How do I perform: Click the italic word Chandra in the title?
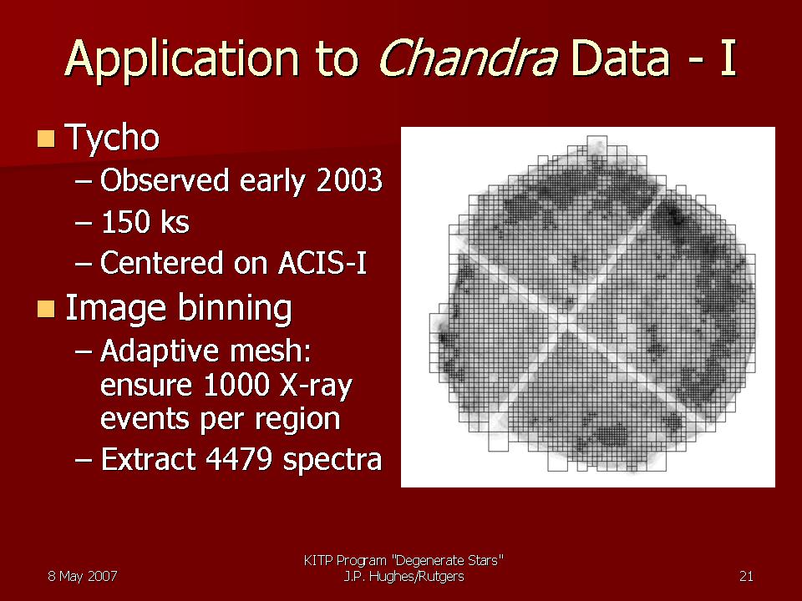coord(468,58)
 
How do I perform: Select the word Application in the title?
coord(182,60)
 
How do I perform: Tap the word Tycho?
coord(113,138)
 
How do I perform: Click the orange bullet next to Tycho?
coord(46,139)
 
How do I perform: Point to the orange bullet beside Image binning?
coord(46,309)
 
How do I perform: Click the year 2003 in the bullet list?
coord(349,180)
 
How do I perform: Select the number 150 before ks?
coord(125,222)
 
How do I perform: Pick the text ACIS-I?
coord(322,263)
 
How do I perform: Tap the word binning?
coord(236,309)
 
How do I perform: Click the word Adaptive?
coord(161,351)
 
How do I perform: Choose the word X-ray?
coord(316,386)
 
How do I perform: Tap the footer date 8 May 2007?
coord(83,577)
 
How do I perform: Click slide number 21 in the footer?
coord(746,577)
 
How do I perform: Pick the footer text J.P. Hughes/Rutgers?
coord(404,577)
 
